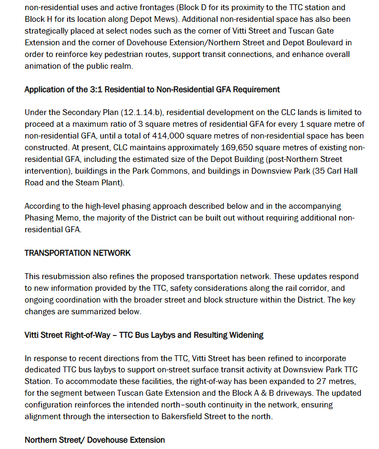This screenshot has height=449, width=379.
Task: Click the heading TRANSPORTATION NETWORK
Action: click(x=77, y=252)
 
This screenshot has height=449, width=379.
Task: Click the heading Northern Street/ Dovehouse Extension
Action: click(x=95, y=440)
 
